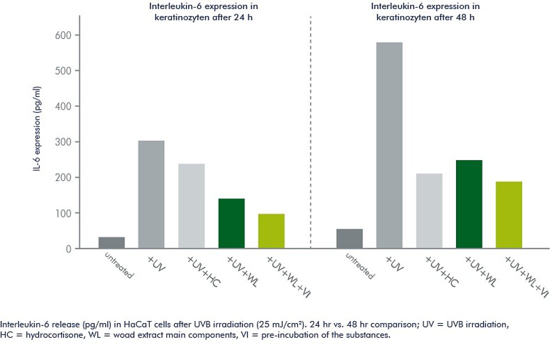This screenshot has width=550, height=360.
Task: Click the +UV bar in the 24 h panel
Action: (151, 194)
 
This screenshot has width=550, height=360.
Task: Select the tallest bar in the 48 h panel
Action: (389, 145)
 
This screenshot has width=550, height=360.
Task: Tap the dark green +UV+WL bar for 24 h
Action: (231, 223)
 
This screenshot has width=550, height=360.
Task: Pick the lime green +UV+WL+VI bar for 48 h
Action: (509, 214)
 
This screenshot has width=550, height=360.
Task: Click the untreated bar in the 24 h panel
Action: (111, 242)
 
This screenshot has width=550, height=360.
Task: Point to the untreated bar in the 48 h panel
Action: (349, 238)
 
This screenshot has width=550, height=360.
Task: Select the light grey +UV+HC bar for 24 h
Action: (191, 206)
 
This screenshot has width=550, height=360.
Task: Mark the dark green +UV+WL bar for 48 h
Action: (469, 204)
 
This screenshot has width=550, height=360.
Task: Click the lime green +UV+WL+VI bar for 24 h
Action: (271, 231)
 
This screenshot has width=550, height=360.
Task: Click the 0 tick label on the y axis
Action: (68, 248)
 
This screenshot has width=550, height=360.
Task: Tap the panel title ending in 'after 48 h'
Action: (425, 11)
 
